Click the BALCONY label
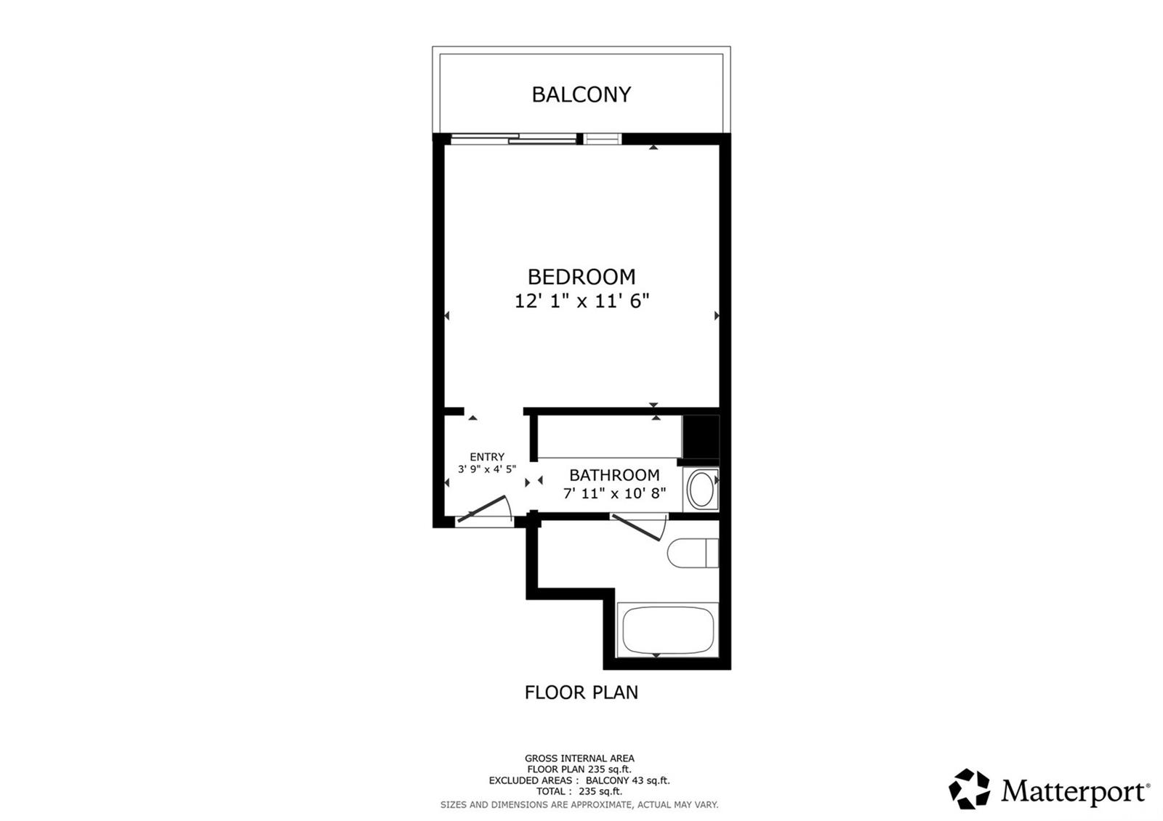[x=581, y=94]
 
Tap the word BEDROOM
[x=581, y=277]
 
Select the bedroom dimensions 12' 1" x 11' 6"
[x=581, y=301]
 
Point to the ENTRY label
[x=487, y=457]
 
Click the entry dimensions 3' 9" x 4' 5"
[x=487, y=469]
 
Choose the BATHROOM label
[x=614, y=475]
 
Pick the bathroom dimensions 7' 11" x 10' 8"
[x=614, y=493]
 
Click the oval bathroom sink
[x=701, y=489]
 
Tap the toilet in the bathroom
[x=693, y=553]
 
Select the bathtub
[x=668, y=631]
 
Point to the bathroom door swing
[x=639, y=527]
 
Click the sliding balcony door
[x=536, y=139]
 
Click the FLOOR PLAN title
[x=581, y=692]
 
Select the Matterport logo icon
[x=969, y=788]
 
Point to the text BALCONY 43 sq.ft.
[x=628, y=780]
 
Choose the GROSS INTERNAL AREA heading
[x=579, y=759]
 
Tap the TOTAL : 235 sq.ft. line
[x=579, y=791]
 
